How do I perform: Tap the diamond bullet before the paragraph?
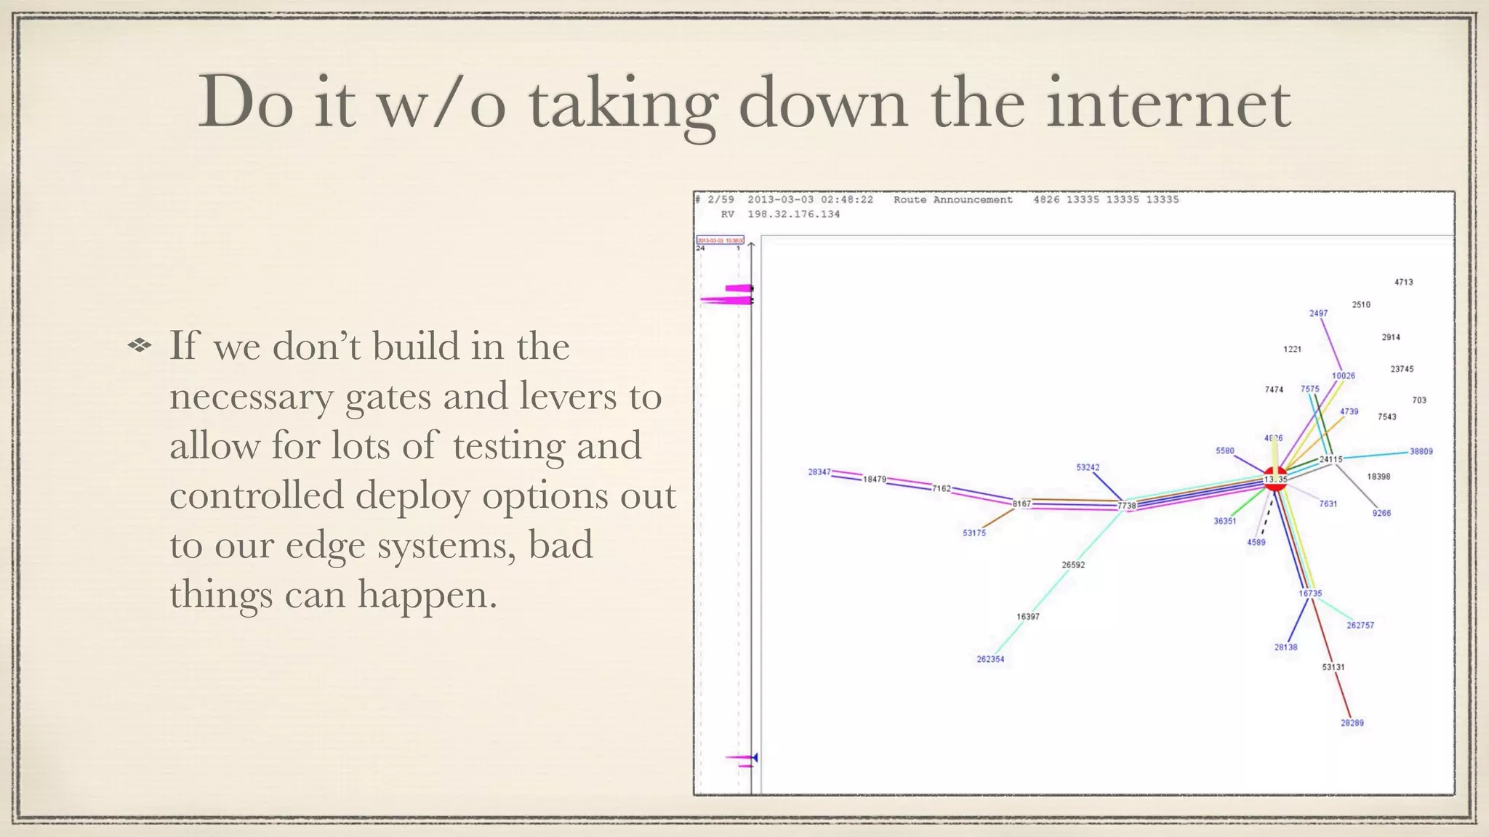click(139, 346)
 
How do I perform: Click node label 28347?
click(819, 472)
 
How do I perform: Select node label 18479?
click(875, 480)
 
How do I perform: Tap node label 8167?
click(1022, 504)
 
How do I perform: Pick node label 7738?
click(1126, 506)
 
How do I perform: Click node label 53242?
click(1088, 467)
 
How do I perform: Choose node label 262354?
click(990, 660)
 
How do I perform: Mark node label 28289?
click(1352, 723)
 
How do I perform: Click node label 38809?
click(1421, 451)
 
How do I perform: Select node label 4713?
click(1403, 282)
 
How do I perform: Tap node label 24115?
click(1331, 459)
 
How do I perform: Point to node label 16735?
click(1310, 594)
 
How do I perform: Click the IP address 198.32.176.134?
click(793, 214)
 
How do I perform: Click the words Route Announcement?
click(952, 200)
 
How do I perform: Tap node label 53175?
click(974, 533)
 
